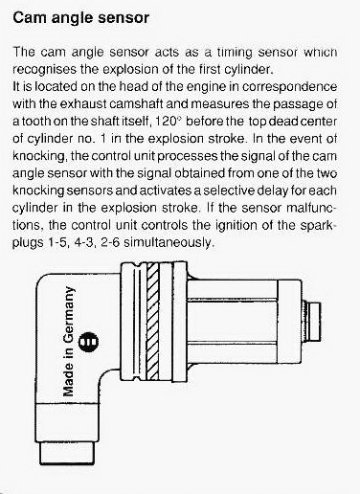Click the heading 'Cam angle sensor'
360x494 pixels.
pos(80,18)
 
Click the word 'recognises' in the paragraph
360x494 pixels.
pos(44,69)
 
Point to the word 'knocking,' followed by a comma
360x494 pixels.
pos(39,156)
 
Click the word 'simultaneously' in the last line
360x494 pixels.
pos(168,242)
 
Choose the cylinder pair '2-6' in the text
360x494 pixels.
pos(110,242)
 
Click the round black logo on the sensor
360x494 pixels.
pos(88,342)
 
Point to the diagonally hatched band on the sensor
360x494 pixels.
pos(152,322)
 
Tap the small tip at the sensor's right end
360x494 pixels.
pos(314,322)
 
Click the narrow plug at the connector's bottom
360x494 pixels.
pos(67,453)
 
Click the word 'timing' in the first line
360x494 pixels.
pos(235,53)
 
